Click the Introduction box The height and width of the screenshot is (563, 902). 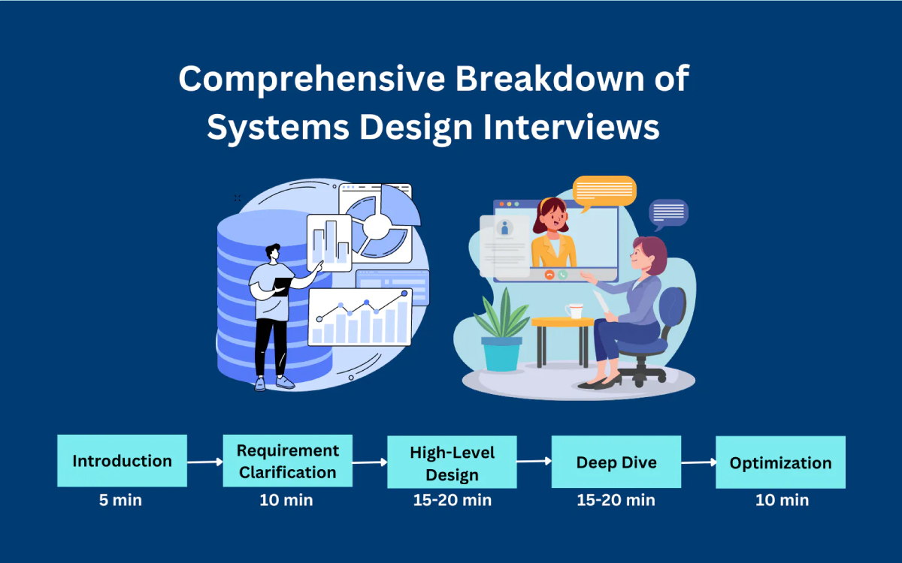click(x=122, y=461)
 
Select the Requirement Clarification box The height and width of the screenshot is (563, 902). click(x=287, y=461)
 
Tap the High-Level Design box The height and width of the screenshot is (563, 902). click(x=452, y=462)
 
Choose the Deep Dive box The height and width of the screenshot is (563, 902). click(x=616, y=462)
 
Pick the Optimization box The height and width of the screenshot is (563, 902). click(x=780, y=462)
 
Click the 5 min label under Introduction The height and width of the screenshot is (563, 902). click(x=122, y=500)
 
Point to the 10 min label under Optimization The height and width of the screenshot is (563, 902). click(x=782, y=500)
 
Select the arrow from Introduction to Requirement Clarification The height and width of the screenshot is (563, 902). click(x=205, y=462)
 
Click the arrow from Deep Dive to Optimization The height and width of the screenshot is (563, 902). click(x=698, y=463)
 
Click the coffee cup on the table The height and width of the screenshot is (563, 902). click(x=575, y=310)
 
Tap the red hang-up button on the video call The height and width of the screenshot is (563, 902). click(x=549, y=275)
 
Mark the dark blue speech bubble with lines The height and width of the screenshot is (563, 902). click(x=668, y=213)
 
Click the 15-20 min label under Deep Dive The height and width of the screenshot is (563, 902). click(x=616, y=500)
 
